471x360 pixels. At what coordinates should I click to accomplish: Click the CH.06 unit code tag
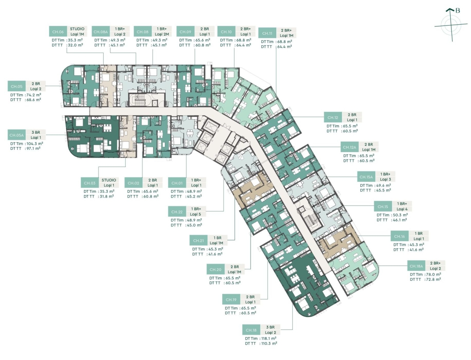[x=58, y=31]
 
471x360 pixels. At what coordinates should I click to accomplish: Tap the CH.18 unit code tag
[x=251, y=330]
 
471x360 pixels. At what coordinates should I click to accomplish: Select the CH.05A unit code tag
[x=16, y=135]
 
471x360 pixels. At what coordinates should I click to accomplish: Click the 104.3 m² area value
[x=35, y=144]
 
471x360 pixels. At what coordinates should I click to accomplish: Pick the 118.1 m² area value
[x=268, y=338]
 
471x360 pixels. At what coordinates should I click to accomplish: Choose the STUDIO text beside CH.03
[x=109, y=180]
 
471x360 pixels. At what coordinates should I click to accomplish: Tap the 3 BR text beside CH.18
[x=270, y=327]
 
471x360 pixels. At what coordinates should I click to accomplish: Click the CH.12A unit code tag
[x=349, y=147]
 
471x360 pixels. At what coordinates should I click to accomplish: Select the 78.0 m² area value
[x=433, y=274]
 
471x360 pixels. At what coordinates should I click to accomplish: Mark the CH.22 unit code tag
[x=177, y=212]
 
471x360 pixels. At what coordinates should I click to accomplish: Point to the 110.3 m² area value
[x=268, y=343]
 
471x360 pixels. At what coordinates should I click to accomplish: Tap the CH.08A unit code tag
[x=100, y=31]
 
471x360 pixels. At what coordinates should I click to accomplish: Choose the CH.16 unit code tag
[x=399, y=236]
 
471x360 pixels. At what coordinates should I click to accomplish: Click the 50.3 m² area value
[x=400, y=215]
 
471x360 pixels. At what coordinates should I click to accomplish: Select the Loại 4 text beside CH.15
[x=402, y=209]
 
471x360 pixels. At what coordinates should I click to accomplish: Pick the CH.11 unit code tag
[x=267, y=33]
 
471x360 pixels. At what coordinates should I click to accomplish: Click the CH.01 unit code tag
[x=177, y=183]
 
